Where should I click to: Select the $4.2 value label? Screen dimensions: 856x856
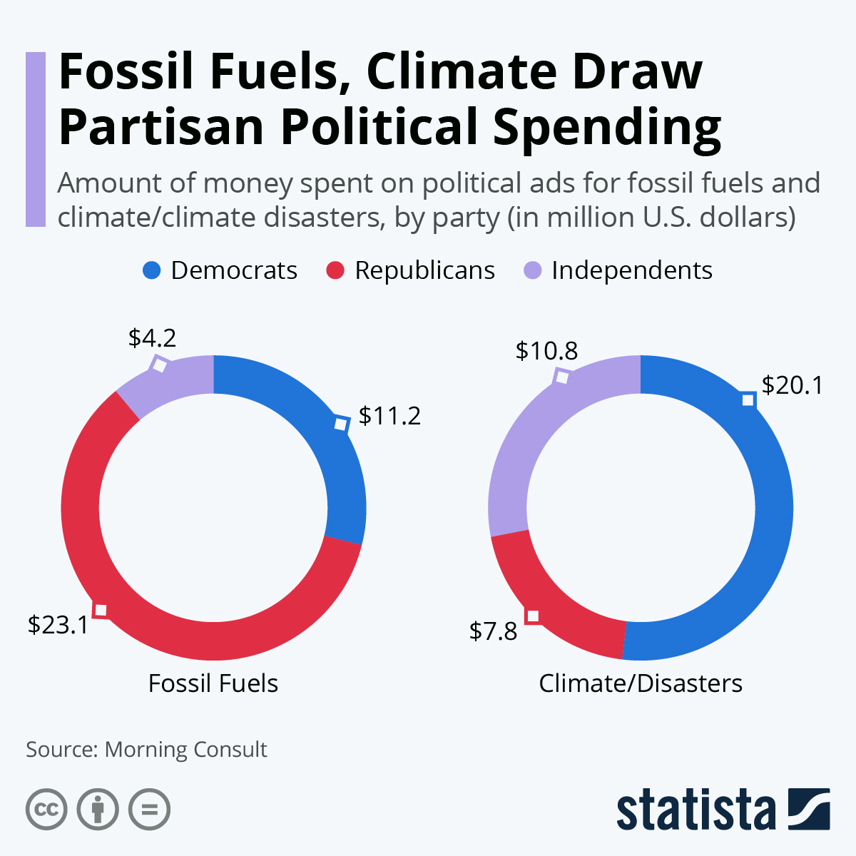pyautogui.click(x=152, y=337)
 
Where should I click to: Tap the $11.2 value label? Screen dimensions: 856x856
pyautogui.click(x=389, y=415)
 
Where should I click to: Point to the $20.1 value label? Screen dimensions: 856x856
pyautogui.click(x=792, y=385)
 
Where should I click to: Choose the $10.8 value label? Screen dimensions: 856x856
pyautogui.click(x=546, y=350)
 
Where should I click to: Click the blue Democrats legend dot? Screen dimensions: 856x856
pyautogui.click(x=153, y=270)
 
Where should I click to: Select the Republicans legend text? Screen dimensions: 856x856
pyautogui.click(x=424, y=270)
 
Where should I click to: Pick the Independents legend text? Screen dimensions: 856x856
pyautogui.click(x=631, y=270)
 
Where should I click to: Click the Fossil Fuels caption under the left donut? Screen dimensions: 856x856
pyautogui.click(x=213, y=683)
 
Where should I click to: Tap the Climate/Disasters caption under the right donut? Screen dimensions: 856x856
pyautogui.click(x=640, y=683)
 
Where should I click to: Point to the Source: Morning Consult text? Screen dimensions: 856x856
pyautogui.click(x=146, y=750)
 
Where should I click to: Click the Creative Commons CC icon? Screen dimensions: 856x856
pyautogui.click(x=46, y=810)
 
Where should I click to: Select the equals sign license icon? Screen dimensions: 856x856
pyautogui.click(x=150, y=810)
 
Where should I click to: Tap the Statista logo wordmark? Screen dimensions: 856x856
pyautogui.click(x=695, y=810)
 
